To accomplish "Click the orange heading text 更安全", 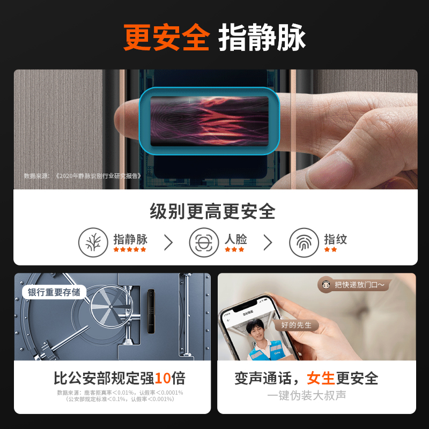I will [x=166, y=38].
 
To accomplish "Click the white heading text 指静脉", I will [x=262, y=38].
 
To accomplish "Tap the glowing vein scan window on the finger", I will [x=209, y=121].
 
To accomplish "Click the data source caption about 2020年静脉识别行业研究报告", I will [x=83, y=175].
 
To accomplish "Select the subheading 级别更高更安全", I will [x=213, y=212].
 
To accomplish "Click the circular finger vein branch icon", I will [x=93, y=242].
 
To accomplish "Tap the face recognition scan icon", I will [x=204, y=242].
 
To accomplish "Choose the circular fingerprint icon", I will [x=304, y=242].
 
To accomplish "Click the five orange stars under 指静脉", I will [x=129, y=249].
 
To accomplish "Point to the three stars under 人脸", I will [x=234, y=249].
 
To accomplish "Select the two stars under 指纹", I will [x=330, y=249].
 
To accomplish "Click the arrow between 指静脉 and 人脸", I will [x=168, y=242].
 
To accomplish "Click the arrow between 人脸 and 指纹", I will [x=268, y=242].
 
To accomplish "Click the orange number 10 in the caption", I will [x=162, y=379].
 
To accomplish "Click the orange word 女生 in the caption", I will [x=320, y=379].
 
